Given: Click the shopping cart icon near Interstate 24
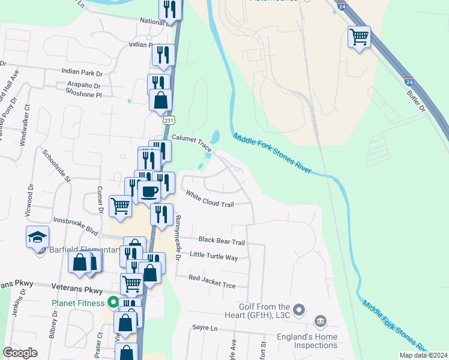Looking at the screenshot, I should [358, 37].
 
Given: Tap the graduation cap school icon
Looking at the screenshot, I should [37, 237].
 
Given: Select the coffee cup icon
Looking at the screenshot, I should [148, 192].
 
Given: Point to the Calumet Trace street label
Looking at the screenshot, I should [191, 137].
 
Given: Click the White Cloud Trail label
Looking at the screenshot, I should [209, 199].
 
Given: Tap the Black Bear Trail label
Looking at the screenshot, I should [221, 242].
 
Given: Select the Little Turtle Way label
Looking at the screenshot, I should [214, 257].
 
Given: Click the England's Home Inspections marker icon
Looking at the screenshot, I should [321, 323].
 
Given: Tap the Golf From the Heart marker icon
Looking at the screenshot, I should [301, 310].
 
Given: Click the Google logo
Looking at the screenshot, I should [20, 352].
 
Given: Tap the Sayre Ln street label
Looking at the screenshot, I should [203, 328].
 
